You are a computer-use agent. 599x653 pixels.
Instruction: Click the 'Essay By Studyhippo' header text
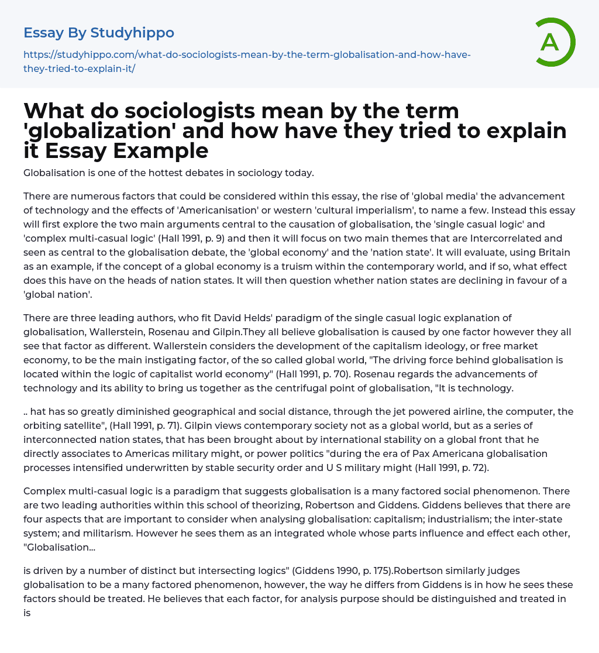[x=99, y=33]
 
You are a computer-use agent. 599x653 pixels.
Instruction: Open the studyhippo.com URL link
[x=247, y=61]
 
